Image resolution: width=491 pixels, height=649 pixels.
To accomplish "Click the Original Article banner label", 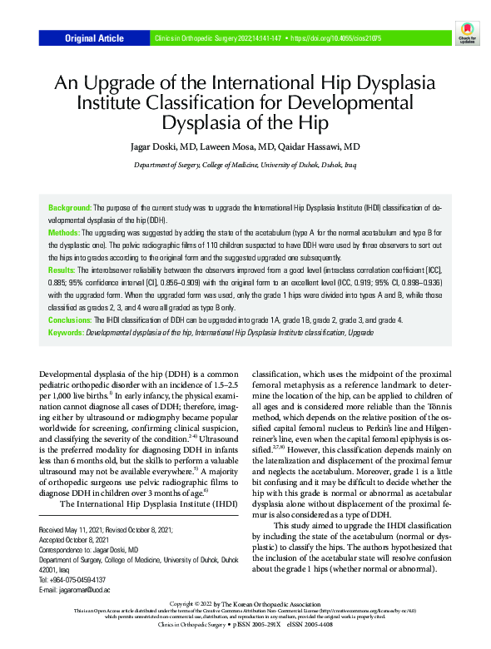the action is coord(95,38).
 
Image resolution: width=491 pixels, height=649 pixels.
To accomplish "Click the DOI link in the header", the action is coord(335,38).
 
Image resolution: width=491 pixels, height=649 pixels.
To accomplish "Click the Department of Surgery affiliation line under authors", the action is coord(245,166).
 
